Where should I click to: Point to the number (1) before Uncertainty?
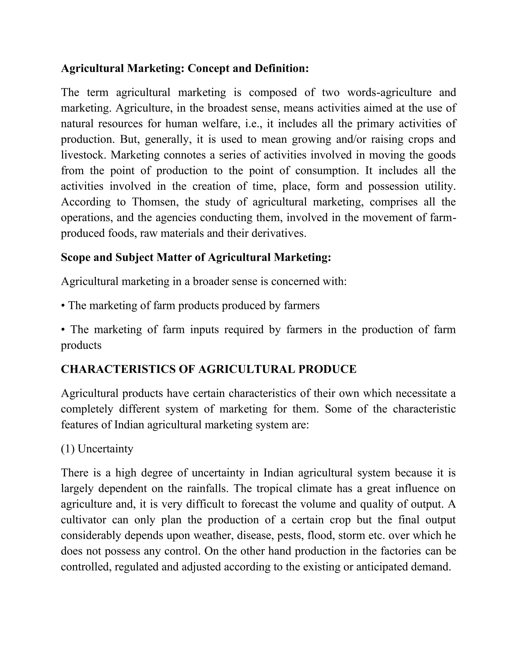pyautogui.click(x=67, y=449)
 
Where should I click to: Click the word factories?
pyautogui.click(x=401, y=551)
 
